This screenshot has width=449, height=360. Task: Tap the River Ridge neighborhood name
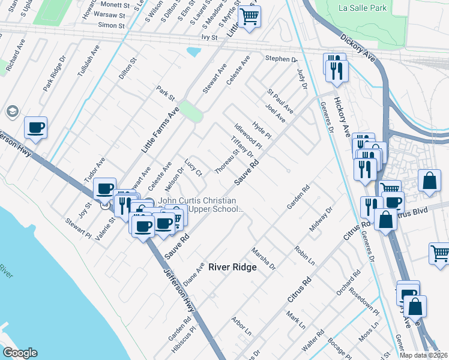pos(232,268)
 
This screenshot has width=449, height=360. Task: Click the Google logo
pos(20,352)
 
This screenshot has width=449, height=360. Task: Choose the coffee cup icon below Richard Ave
pos(35,127)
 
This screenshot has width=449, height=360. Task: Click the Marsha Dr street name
pos(263,258)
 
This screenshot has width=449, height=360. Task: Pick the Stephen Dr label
pos(282,59)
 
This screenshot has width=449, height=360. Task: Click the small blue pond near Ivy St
pos(194,52)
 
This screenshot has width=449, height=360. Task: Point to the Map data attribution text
pos(424,355)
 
